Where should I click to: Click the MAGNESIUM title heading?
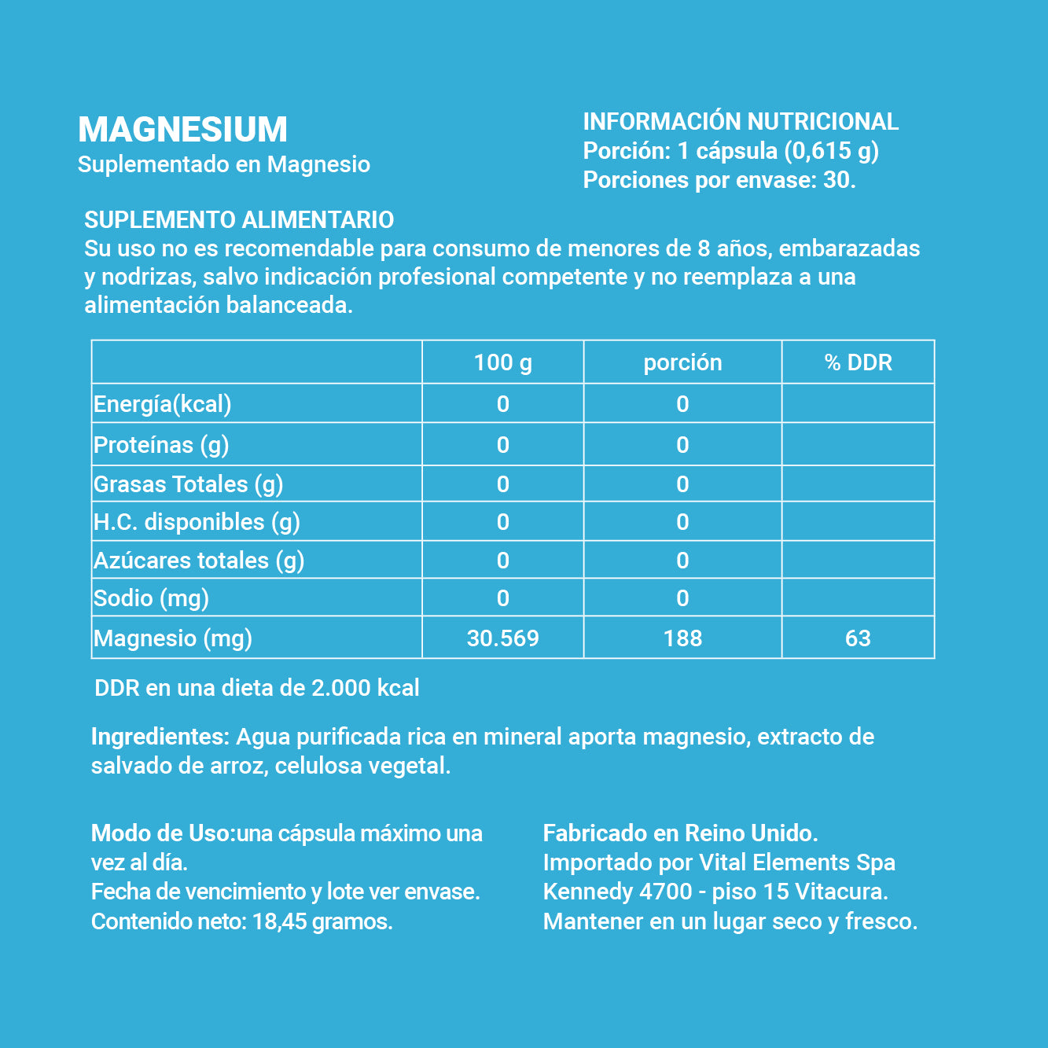(182, 130)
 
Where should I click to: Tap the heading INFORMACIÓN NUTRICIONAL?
(740, 122)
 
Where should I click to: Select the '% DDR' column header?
(858, 362)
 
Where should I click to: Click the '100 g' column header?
(502, 362)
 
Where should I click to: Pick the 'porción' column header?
(682, 362)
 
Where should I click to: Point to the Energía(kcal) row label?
(163, 404)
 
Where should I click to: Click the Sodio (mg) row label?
(151, 598)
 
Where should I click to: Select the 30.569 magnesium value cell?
(502, 638)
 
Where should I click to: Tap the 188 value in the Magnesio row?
(682, 638)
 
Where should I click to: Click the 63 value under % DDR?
(858, 638)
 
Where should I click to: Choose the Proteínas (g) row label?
(161, 445)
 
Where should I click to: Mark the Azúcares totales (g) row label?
(199, 561)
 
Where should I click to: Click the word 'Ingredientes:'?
(160, 737)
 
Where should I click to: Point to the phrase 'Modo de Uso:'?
(163, 833)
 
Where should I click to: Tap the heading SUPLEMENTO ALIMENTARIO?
(239, 220)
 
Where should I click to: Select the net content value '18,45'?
(279, 921)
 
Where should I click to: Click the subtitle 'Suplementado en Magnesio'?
(224, 164)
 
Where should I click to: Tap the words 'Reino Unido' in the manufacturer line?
(751, 833)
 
